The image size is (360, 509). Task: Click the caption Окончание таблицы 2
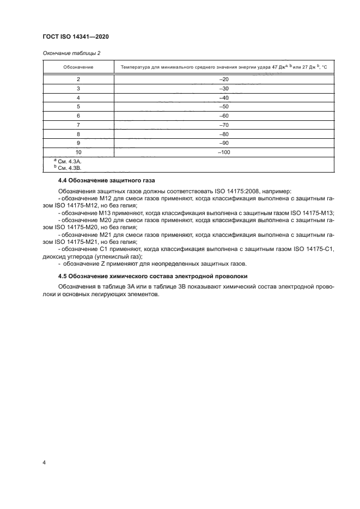pos(71,53)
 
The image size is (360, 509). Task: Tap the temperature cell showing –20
pos(223,79)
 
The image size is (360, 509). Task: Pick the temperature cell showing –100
pos(223,152)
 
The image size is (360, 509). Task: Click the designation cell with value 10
pos(78,152)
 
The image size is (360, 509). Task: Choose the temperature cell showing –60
pos(223,116)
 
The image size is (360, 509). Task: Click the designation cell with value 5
pos(78,107)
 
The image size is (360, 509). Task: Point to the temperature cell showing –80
pos(223,134)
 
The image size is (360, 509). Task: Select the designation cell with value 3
pos(78,88)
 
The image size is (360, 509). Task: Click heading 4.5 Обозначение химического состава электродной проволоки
pos(152,276)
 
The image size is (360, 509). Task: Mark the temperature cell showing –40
pos(223,97)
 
